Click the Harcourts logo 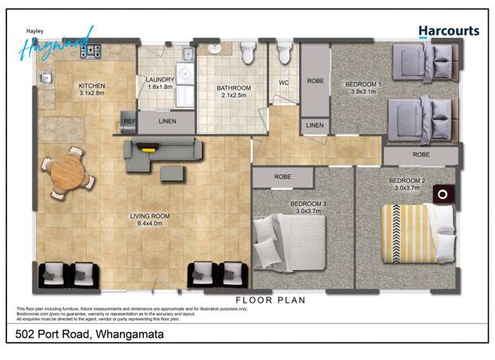coord(449,31)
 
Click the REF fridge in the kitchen coord(129,121)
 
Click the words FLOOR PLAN coord(271,300)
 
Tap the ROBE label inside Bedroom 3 coord(282,177)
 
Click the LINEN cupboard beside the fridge coord(166,122)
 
